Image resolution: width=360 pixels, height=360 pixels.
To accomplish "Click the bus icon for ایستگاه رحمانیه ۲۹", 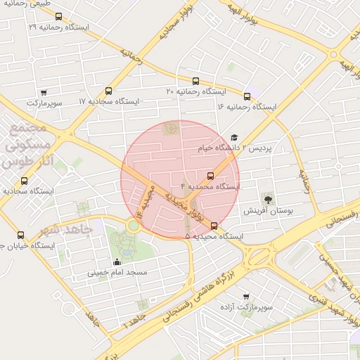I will point(58,16).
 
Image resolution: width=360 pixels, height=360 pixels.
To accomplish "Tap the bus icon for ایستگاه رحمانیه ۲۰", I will point(195,80).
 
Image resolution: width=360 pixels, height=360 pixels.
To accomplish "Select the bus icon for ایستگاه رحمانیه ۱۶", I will point(247,96).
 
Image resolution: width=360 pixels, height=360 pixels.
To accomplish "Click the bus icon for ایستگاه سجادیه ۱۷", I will point(108,91).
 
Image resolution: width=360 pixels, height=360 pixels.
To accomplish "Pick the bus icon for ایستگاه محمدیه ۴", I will point(210,176).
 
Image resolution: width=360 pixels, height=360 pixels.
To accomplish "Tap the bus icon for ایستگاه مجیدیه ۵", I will point(214,226).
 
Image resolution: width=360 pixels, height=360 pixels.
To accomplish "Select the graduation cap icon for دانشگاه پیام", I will point(234,138).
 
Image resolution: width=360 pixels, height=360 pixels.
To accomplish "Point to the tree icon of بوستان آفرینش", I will point(267,199).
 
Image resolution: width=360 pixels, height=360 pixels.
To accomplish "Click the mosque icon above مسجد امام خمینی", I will point(117,262).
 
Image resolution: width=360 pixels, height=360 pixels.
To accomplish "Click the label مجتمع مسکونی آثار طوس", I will point(26,145).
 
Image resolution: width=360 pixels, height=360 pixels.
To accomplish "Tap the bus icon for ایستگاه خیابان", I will point(20,236).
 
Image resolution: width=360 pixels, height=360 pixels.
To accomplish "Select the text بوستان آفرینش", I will point(268,210).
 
